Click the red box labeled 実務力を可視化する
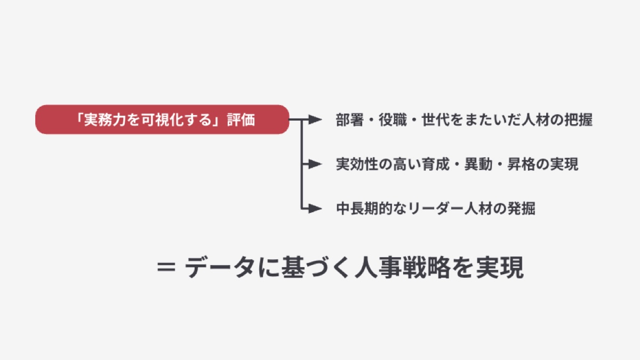[x=162, y=119]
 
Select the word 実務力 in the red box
[x=99, y=119]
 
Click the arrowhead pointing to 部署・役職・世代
[x=318, y=119]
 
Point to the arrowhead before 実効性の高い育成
[x=318, y=164]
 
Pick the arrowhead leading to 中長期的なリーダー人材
[x=318, y=209]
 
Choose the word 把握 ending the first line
[x=578, y=119]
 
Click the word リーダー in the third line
[x=436, y=209]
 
